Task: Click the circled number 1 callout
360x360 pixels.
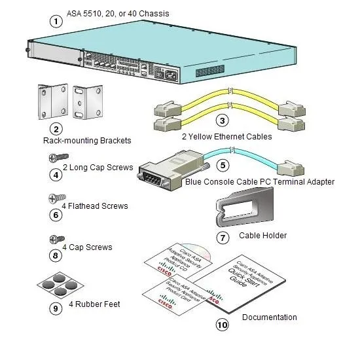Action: pos(57,20)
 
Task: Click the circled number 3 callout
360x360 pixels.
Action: pos(223,121)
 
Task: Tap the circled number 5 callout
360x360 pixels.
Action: pos(223,166)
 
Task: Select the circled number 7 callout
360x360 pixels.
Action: pos(223,238)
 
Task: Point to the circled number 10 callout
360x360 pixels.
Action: pos(223,323)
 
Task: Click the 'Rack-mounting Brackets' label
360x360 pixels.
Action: pos(87,141)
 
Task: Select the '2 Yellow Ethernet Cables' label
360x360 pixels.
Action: pos(227,137)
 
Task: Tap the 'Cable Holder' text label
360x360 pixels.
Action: pos(262,236)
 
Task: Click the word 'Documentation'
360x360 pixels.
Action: pos(269,317)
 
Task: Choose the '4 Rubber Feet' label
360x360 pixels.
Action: pos(94,304)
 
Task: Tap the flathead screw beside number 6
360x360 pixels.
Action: pos(56,198)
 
